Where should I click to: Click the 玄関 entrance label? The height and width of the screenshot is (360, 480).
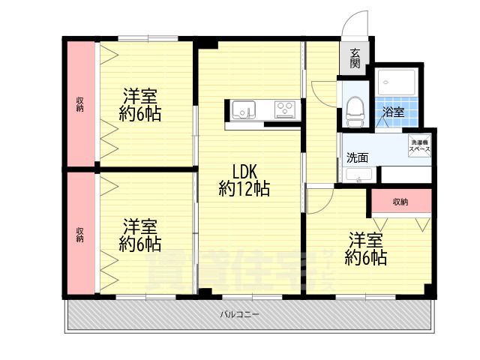pyautogui.click(x=354, y=59)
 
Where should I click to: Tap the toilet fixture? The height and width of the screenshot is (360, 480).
pyautogui.click(x=354, y=110)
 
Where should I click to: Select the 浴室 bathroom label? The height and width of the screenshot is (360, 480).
pyautogui.click(x=393, y=112)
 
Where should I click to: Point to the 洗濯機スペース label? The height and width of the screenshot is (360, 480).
pyautogui.click(x=419, y=146)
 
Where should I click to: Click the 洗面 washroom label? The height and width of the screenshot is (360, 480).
pyautogui.click(x=357, y=157)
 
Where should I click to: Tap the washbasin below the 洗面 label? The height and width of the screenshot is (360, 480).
pyautogui.click(x=358, y=175)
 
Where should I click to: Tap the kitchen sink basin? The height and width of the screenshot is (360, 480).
pyautogui.click(x=244, y=110)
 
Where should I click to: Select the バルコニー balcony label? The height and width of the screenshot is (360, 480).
pyautogui.click(x=240, y=314)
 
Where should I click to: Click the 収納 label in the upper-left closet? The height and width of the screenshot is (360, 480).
pyautogui.click(x=79, y=104)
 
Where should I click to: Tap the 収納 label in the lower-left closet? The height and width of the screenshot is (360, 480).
pyautogui.click(x=79, y=234)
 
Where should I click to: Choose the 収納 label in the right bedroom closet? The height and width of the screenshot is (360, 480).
pyautogui.click(x=400, y=202)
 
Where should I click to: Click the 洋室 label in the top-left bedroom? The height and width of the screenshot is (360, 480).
pyautogui.click(x=140, y=96)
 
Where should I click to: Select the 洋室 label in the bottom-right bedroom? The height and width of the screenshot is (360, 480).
pyautogui.click(x=365, y=241)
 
